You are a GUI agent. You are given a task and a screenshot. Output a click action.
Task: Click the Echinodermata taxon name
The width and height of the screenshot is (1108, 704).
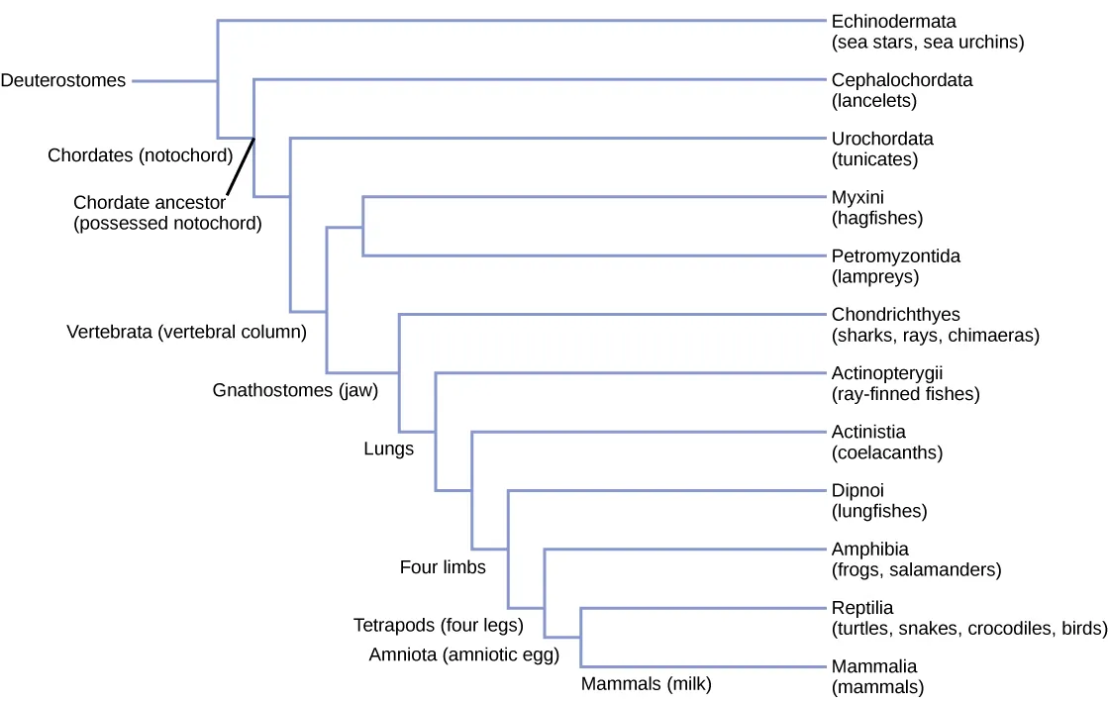point(893,21)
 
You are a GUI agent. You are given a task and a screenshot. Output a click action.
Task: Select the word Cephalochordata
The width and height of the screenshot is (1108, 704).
point(901,80)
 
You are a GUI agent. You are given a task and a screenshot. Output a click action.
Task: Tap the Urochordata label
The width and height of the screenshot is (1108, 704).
point(882,139)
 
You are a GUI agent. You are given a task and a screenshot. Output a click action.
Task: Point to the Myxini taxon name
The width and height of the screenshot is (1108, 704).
point(857,197)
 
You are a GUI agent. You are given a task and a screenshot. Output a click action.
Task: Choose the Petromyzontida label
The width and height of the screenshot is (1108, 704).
point(895,255)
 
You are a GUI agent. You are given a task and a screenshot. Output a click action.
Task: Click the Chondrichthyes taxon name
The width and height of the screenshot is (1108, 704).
point(895,315)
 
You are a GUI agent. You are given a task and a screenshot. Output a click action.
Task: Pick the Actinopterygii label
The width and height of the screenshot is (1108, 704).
point(889,373)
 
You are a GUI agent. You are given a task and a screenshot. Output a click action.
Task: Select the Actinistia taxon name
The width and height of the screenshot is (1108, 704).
point(868,432)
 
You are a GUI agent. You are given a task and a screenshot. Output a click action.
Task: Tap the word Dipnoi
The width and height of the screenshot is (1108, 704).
point(857,490)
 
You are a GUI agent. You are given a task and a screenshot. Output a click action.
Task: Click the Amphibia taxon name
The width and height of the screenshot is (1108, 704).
point(869,549)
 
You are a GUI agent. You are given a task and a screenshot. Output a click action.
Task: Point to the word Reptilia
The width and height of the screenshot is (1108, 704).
point(861,608)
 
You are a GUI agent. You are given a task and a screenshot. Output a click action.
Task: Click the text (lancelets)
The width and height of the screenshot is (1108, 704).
point(874,101)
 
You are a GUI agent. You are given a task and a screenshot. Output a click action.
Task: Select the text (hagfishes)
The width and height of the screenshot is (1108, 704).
point(877,218)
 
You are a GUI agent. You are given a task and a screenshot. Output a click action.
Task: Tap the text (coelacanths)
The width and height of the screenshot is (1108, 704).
point(887,453)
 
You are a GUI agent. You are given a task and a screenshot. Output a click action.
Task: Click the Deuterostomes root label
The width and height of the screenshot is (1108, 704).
point(63,81)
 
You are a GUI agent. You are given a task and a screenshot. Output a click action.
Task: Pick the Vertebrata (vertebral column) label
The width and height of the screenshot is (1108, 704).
point(186,332)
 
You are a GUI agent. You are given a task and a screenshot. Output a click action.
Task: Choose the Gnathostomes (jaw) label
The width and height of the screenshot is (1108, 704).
point(295,390)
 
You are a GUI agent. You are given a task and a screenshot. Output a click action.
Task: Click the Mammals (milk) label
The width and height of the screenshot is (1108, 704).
point(646,683)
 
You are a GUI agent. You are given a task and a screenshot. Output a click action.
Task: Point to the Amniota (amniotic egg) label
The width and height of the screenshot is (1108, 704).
point(464,654)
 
